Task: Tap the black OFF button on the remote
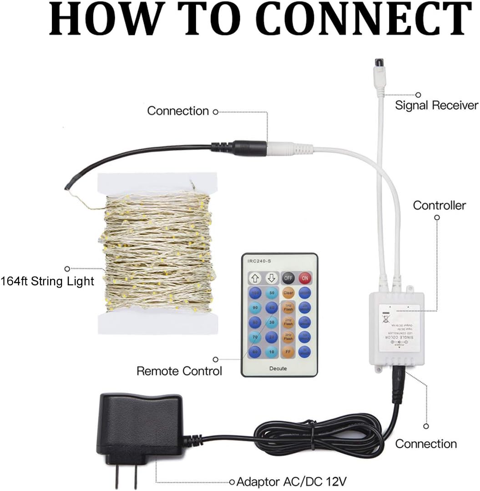[288, 278]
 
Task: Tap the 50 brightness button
[272, 293]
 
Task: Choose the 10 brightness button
[272, 351]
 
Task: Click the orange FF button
[288, 351]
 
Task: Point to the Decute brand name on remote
[278, 368]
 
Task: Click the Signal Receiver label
[436, 106]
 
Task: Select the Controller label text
[439, 205]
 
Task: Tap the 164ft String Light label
[47, 281]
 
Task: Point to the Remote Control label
[179, 371]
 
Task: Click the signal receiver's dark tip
[379, 63]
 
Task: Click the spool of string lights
[157, 253]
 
